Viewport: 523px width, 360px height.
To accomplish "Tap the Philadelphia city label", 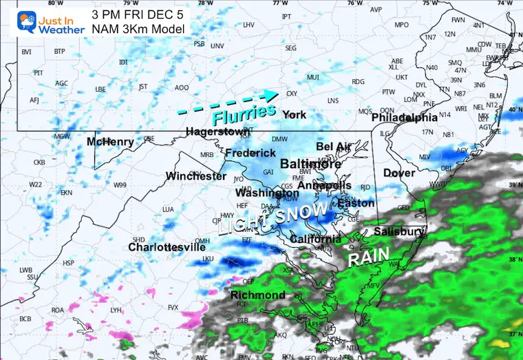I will [x=405, y=118].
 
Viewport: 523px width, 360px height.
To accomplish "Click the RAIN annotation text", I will [x=364, y=259].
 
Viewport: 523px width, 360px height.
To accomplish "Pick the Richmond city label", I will [x=258, y=295].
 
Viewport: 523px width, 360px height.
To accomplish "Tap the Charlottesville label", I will [x=167, y=246].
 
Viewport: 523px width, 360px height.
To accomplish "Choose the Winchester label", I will [x=196, y=176].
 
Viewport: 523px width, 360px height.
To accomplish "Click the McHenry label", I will [x=110, y=142].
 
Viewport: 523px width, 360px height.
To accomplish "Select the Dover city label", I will [x=399, y=173].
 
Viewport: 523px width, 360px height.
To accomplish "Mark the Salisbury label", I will [x=400, y=231].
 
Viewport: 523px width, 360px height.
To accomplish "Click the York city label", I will [x=295, y=114].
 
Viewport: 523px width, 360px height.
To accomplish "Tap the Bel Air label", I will [x=334, y=147].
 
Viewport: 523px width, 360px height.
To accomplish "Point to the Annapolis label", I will [x=325, y=185].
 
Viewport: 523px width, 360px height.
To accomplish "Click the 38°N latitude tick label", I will [x=514, y=260].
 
